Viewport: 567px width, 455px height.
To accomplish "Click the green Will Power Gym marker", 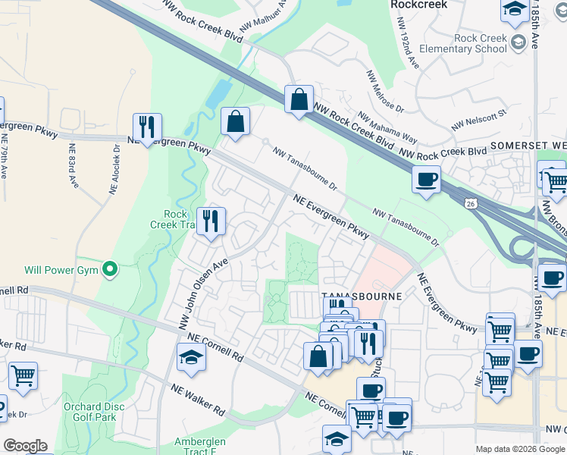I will click(111, 269).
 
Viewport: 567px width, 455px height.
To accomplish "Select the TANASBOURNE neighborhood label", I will click(350, 296).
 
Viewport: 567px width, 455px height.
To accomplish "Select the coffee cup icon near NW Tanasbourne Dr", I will click(426, 180).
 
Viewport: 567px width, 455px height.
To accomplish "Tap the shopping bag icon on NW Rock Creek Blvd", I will click(299, 99).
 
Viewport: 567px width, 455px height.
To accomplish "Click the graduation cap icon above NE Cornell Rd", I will click(191, 356).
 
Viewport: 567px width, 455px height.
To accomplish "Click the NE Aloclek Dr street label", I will click(117, 168).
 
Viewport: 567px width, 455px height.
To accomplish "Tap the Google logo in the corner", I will click(24, 446).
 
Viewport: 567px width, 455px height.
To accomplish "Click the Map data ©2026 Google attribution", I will click(520, 449).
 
